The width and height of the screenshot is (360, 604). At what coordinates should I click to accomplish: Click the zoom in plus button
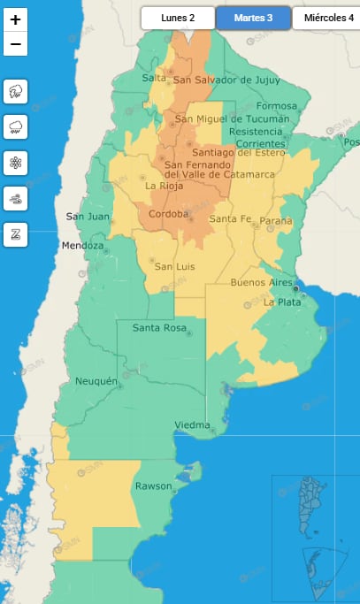[x=16, y=19]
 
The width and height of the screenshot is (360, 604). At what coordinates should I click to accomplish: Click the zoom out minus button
[x=16, y=43]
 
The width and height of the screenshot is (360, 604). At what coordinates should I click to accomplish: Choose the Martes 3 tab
[x=253, y=18]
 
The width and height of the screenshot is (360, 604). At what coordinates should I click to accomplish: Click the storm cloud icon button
[x=16, y=91]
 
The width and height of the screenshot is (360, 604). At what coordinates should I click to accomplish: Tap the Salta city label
[x=129, y=80]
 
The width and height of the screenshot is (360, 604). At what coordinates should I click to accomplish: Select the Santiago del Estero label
[x=236, y=153]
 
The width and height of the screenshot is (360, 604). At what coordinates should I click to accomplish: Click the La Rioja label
[x=163, y=186]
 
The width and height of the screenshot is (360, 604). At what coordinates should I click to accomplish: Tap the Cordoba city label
[x=168, y=214]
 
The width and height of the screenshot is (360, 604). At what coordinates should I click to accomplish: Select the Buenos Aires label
[x=260, y=282]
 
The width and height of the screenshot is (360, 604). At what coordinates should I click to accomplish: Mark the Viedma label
[x=192, y=425]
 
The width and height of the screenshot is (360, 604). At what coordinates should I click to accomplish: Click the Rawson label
[x=153, y=486]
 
